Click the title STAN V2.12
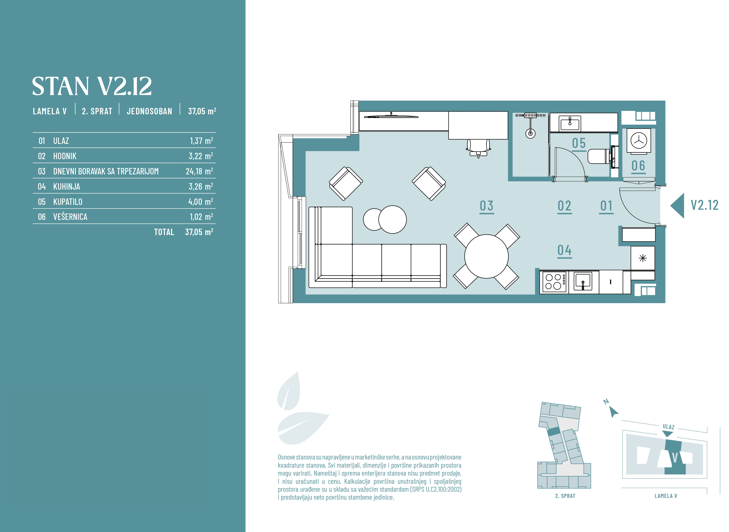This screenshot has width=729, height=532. click(92, 86)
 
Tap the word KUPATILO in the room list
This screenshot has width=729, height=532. click(68, 202)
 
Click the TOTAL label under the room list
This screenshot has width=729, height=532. click(164, 232)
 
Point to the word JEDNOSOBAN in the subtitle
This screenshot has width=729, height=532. click(149, 111)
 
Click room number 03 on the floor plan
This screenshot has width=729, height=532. click(487, 206)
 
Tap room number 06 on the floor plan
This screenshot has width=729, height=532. click(638, 166)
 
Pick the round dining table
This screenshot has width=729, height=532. click(486, 256)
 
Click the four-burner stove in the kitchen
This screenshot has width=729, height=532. click(554, 282)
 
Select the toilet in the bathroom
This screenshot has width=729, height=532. click(600, 157)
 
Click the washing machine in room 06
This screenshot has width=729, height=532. click(639, 141)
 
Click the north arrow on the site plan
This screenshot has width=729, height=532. click(613, 412)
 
